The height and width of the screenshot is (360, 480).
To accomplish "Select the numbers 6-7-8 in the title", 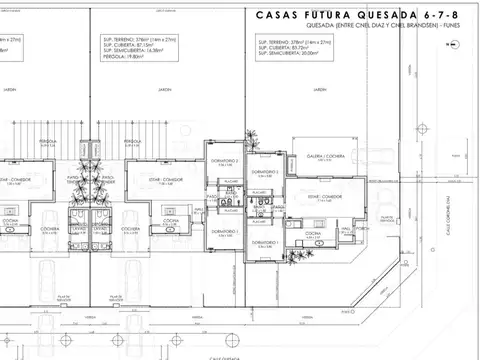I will (x=451, y=15).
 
